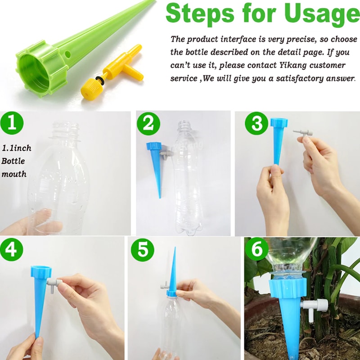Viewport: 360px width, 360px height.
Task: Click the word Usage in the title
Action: (x=310, y=14)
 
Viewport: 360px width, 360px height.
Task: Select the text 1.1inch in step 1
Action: (x=17, y=148)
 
